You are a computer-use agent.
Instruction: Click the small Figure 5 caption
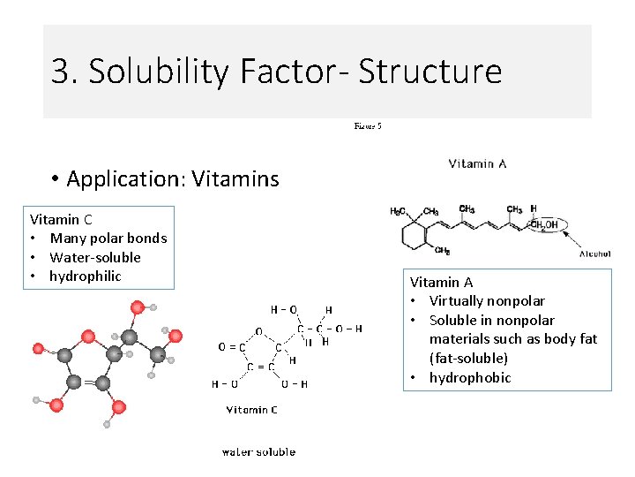click(x=368, y=126)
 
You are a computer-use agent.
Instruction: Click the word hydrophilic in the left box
click(x=85, y=276)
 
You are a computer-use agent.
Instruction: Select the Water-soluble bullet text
click(x=94, y=257)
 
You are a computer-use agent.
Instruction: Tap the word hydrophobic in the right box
click(x=470, y=378)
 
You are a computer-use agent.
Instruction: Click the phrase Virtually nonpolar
click(x=487, y=301)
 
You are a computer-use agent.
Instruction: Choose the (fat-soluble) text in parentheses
click(x=468, y=359)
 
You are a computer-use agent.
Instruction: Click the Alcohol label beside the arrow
click(x=595, y=254)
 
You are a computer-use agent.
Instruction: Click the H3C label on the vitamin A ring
click(x=398, y=211)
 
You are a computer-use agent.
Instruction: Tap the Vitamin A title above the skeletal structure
click(x=477, y=163)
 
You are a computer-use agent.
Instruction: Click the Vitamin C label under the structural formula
click(x=252, y=410)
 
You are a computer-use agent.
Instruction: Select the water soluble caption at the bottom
click(x=258, y=452)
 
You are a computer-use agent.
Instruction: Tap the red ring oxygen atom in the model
click(x=87, y=336)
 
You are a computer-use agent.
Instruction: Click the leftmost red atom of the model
click(x=38, y=348)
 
